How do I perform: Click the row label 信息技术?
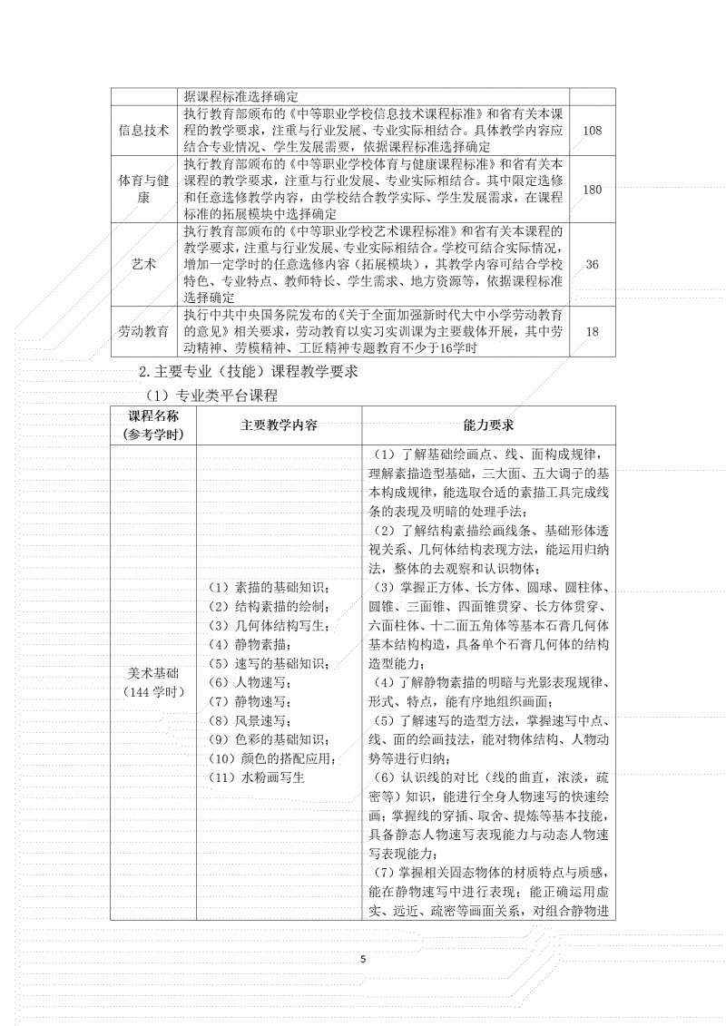pyautogui.click(x=144, y=131)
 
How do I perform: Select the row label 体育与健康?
pyautogui.click(x=144, y=189)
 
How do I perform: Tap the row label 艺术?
pyautogui.click(x=144, y=263)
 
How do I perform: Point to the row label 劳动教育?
pyautogui.click(x=144, y=331)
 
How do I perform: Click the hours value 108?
pyautogui.click(x=593, y=131)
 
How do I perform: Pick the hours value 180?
pyautogui.click(x=593, y=189)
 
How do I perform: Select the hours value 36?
pyautogui.click(x=593, y=263)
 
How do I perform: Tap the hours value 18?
pyautogui.click(x=593, y=331)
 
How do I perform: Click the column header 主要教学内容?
pyautogui.click(x=279, y=425)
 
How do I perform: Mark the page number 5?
pyautogui.click(x=363, y=958)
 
